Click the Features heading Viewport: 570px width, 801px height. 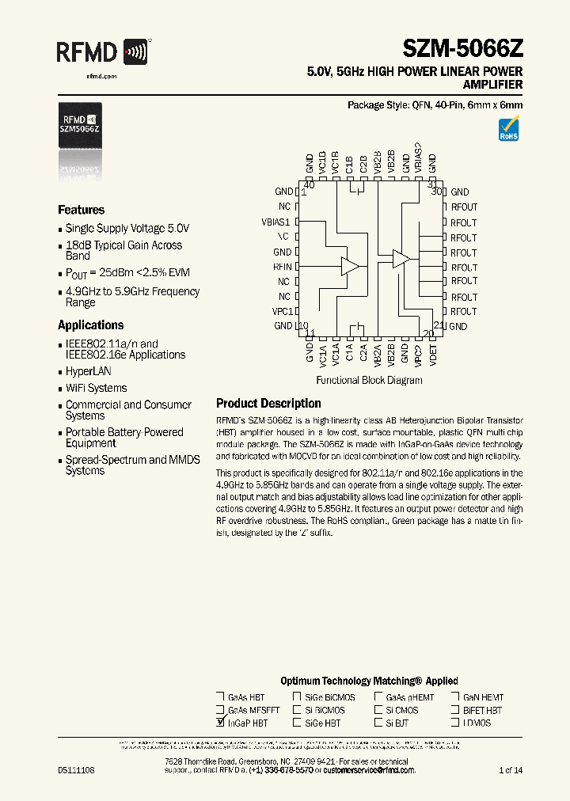[81, 210]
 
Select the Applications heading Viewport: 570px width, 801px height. [90, 325]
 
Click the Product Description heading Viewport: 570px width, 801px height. [268, 402]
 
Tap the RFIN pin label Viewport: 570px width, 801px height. [283, 267]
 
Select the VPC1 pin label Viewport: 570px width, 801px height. [281, 311]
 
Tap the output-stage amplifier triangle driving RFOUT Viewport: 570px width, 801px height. [401, 258]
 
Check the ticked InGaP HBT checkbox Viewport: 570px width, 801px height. [220, 723]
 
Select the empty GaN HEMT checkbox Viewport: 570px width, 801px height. [455, 697]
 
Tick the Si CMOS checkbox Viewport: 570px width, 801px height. [378, 710]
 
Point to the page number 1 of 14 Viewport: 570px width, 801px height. [511, 770]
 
